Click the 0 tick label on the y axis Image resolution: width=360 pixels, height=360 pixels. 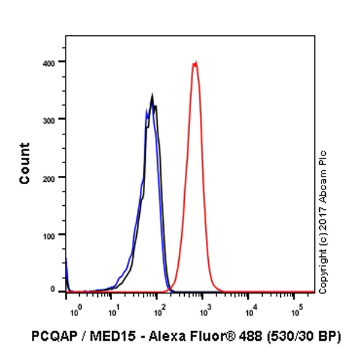click(x=53, y=290)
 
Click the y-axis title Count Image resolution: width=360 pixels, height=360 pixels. click(x=25, y=163)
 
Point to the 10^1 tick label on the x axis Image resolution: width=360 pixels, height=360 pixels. click(x=113, y=311)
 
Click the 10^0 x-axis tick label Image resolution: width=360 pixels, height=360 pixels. click(x=75, y=311)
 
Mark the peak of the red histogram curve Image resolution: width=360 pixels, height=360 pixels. click(x=194, y=62)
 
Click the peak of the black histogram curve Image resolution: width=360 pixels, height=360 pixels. click(x=152, y=95)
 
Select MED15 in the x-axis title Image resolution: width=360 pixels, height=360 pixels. click(x=106, y=336)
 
